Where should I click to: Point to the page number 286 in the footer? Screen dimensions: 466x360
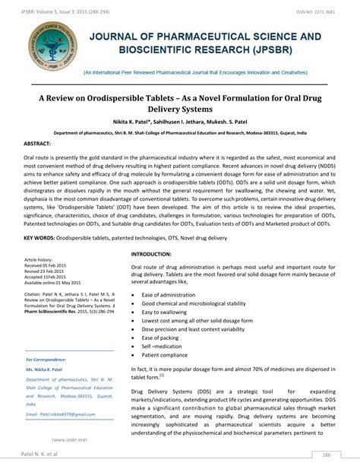point(325,455)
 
